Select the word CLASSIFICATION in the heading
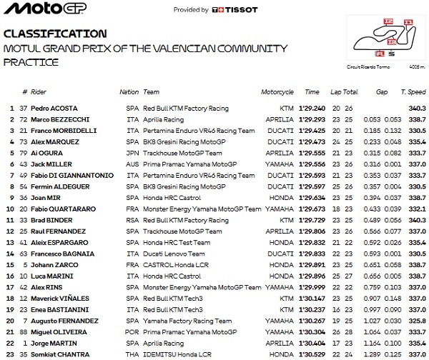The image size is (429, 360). (56, 34)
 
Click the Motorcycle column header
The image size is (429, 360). (277, 92)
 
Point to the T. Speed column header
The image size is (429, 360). (413, 92)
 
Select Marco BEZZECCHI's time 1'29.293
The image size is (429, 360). (312, 119)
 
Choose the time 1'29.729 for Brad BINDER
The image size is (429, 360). (312, 219)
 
